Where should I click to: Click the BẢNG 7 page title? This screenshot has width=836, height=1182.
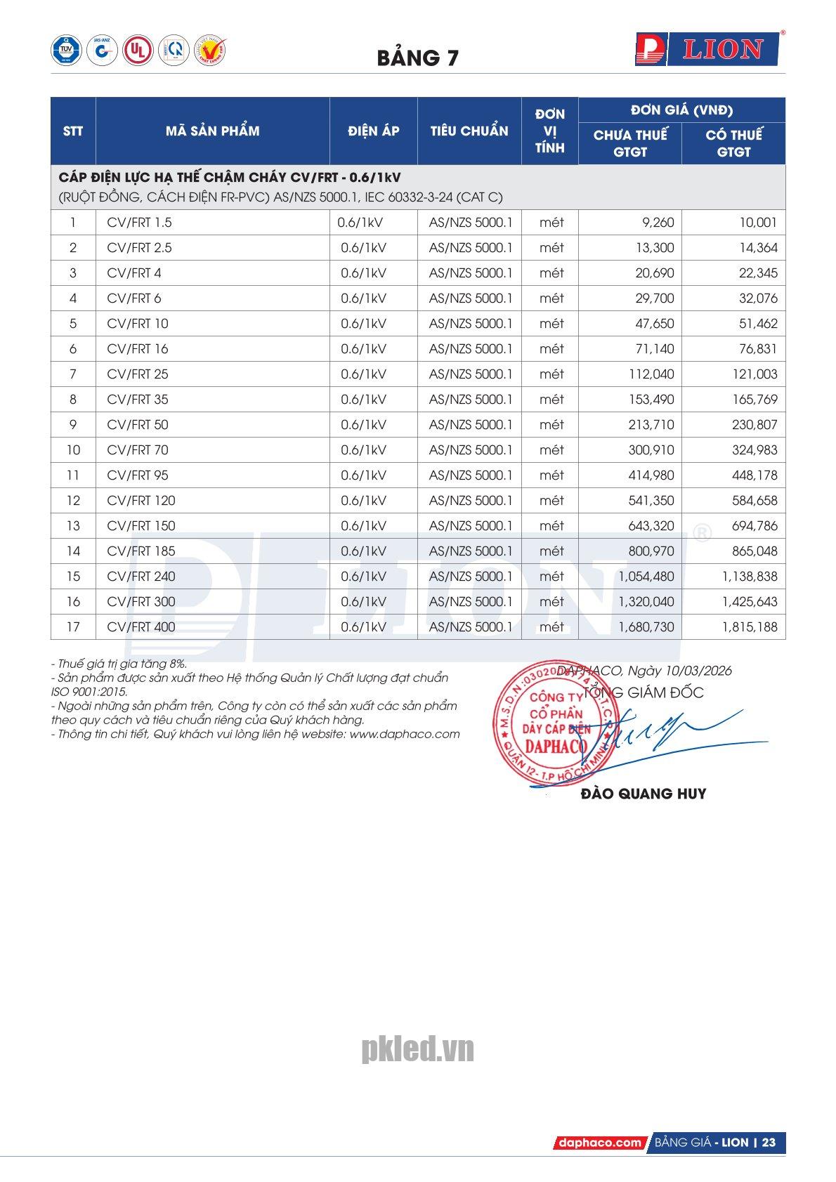(x=417, y=58)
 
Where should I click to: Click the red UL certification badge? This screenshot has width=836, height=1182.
(x=138, y=51)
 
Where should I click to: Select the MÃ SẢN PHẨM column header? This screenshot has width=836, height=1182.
(x=212, y=131)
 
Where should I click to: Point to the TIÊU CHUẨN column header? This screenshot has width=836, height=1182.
(x=469, y=131)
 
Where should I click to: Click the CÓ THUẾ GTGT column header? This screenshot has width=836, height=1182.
(x=733, y=143)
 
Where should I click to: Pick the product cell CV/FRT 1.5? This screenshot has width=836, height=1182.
(x=139, y=223)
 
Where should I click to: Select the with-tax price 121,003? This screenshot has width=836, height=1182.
(x=755, y=374)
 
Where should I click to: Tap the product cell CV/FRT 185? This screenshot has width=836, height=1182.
(x=141, y=551)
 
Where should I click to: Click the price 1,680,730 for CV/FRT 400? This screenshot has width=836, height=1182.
(x=646, y=627)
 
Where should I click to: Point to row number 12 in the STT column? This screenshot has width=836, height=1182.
(x=73, y=501)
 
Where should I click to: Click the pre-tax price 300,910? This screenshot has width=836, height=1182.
(x=651, y=450)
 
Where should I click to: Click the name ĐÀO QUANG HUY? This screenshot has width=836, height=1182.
(x=644, y=794)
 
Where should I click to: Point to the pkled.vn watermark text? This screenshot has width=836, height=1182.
(x=417, y=1050)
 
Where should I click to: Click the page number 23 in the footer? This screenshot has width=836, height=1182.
(x=769, y=1143)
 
